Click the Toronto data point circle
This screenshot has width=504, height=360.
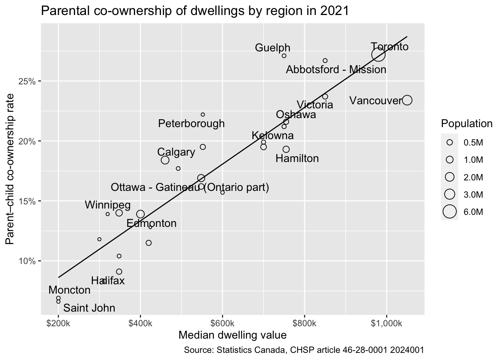(x=378, y=55)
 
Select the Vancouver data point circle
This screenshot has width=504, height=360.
(x=407, y=100)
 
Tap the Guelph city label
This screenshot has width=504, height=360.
(x=273, y=48)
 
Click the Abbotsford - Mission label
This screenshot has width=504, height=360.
(x=336, y=70)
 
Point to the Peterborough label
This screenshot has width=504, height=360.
(x=191, y=123)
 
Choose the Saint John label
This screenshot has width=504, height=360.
(x=89, y=308)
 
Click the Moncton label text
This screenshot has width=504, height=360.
(x=69, y=290)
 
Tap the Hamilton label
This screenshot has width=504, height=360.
(x=297, y=159)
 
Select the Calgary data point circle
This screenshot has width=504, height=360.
(x=165, y=160)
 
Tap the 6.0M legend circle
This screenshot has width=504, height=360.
(x=450, y=212)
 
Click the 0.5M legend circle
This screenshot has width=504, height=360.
(x=450, y=143)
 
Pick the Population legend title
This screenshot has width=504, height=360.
(x=466, y=124)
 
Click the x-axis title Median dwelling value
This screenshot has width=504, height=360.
(x=232, y=335)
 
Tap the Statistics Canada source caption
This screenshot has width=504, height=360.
(x=304, y=351)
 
